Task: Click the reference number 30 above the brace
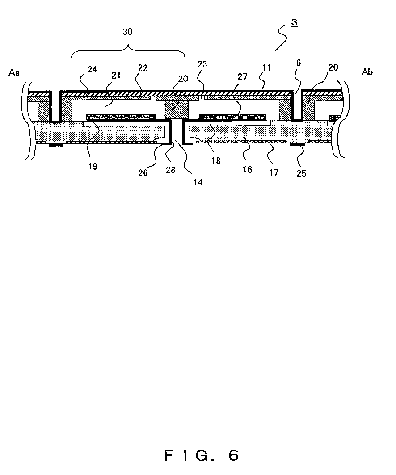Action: tap(128, 32)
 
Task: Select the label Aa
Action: tap(14, 72)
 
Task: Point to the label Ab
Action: tap(367, 72)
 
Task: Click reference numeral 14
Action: tap(197, 182)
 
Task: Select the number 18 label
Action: tap(216, 161)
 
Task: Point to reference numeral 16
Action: tap(247, 169)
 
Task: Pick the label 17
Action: tap(274, 172)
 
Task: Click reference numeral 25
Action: tap(302, 173)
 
